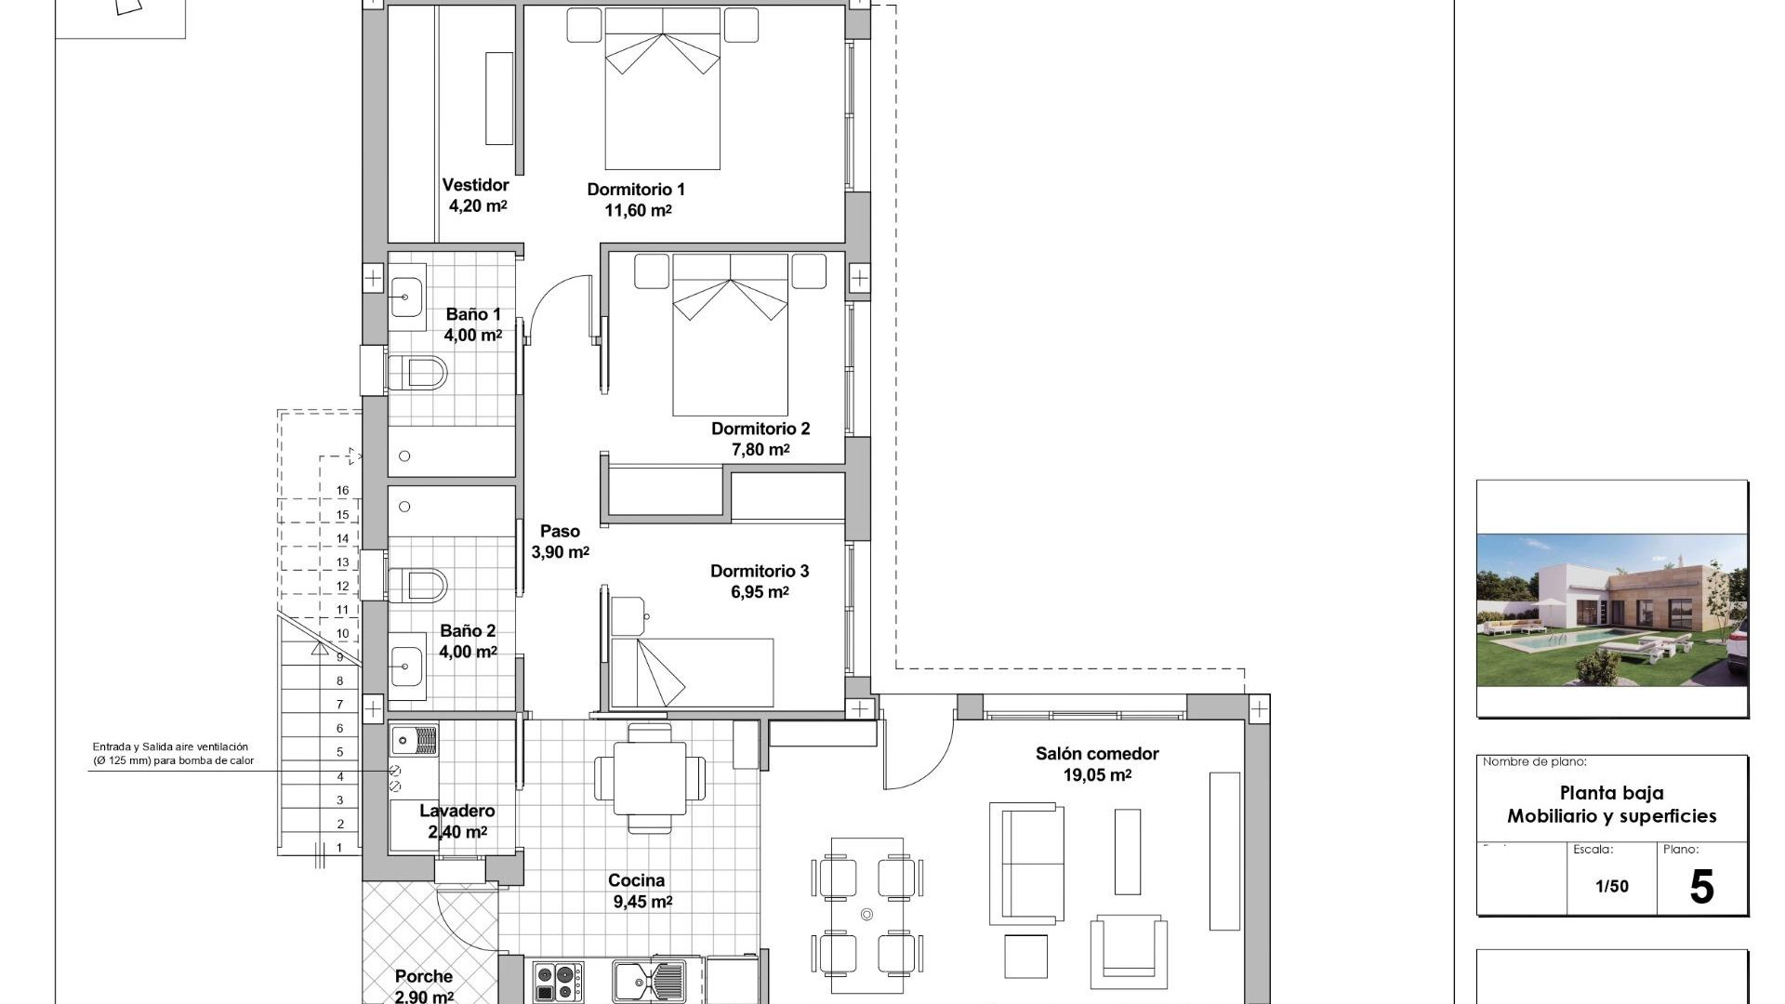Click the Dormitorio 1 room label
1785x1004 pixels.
point(636,190)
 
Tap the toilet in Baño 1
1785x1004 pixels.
point(418,374)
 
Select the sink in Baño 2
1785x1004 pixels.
point(406,666)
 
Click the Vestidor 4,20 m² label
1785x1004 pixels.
point(476,196)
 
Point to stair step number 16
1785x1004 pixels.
point(343,491)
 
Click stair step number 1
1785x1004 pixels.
point(339,848)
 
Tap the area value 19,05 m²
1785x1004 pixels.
point(1097,775)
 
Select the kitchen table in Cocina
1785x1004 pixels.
point(650,776)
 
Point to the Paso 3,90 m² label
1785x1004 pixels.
point(560,542)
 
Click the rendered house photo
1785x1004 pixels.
point(1612,610)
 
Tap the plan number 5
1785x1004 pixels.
point(1700,887)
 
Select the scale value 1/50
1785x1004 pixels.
point(1612,887)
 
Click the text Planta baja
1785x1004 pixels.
point(1611,793)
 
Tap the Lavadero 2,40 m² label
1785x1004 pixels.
point(456,822)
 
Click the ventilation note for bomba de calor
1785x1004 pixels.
point(172,754)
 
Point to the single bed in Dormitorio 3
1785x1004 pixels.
point(693,672)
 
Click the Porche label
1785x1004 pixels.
point(424,976)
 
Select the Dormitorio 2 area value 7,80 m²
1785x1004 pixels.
point(760,450)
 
